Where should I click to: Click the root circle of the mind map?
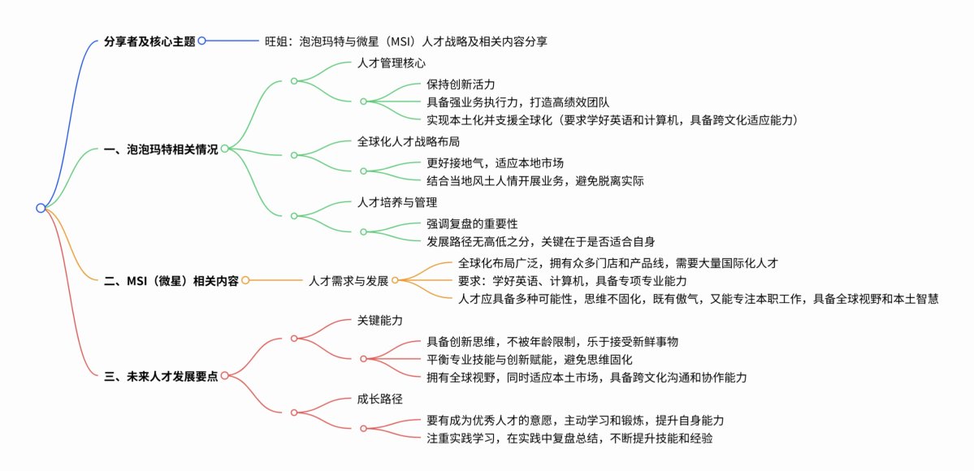[41, 208]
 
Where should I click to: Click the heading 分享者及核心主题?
[150, 40]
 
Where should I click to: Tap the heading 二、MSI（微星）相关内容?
[171, 280]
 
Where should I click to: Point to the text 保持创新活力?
[461, 84]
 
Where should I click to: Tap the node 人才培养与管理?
[397, 201]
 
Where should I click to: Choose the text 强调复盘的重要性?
[472, 223]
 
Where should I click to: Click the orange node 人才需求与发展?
[348, 280]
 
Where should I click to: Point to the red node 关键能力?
[380, 321]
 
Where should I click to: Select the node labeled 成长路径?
[380, 400]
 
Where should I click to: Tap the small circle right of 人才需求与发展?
[395, 280]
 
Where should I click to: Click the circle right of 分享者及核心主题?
[201, 40]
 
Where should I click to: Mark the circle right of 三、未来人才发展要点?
[224, 376]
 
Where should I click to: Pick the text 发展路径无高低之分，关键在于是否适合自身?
[540, 241]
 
